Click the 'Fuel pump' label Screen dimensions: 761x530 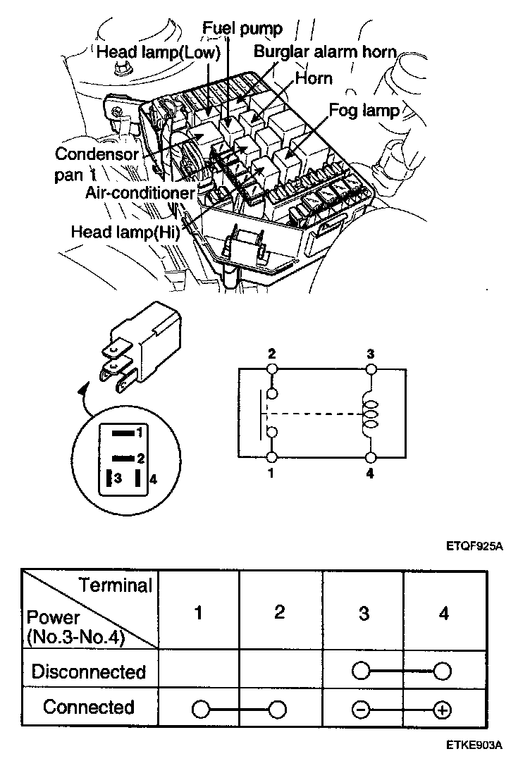[242, 29]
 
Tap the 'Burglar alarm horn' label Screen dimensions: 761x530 [325, 51]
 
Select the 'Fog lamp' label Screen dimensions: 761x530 [364, 111]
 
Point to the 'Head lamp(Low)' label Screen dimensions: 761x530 [159, 52]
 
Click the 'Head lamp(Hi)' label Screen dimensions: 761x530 [125, 232]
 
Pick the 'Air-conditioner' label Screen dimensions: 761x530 [140, 192]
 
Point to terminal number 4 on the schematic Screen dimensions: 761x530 [370, 474]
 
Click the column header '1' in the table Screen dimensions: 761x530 [199, 613]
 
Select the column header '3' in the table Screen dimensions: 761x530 [363, 614]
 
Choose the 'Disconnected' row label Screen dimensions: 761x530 [89, 672]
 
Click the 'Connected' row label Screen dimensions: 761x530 [89, 707]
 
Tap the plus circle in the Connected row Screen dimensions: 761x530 [443, 710]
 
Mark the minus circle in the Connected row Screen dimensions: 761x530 [362, 710]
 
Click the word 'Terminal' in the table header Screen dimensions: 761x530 [116, 585]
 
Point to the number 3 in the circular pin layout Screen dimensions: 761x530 [119, 478]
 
